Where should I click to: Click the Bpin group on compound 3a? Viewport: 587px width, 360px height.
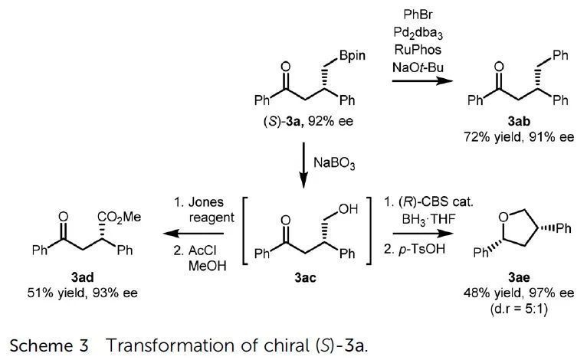(352, 56)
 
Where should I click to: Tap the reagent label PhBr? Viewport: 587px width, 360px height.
(418, 15)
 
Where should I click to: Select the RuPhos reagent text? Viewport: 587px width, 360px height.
(418, 49)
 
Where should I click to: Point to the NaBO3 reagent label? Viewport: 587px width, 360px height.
(334, 164)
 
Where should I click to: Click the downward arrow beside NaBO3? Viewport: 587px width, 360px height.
(303, 165)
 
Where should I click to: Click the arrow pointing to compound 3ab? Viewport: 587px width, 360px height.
(422, 80)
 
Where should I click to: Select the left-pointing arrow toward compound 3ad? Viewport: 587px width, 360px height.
(193, 234)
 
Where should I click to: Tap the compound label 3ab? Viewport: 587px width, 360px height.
(519, 121)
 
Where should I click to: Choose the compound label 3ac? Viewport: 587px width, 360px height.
(305, 277)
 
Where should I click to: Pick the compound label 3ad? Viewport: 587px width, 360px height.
(82, 277)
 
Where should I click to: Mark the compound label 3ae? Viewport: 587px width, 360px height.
(519, 277)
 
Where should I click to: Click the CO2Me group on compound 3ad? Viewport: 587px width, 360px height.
(119, 217)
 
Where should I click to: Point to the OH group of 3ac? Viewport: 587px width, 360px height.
(348, 210)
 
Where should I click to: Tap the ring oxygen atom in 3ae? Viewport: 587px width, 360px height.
(503, 217)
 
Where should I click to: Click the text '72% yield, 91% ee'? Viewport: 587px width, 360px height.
(519, 137)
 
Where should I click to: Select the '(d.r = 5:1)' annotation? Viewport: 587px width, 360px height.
(519, 309)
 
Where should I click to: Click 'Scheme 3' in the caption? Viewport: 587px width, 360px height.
(49, 345)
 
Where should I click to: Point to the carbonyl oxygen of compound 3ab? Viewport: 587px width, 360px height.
(499, 67)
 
